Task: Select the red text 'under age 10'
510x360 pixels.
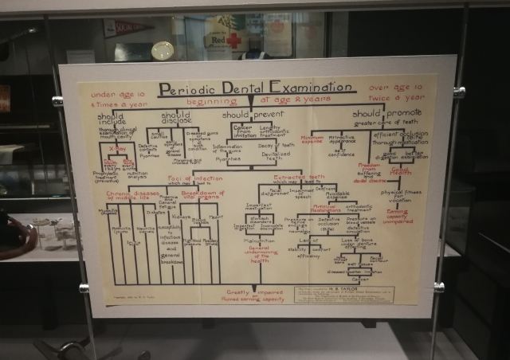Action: click(x=118, y=95)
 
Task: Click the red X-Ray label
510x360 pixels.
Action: click(x=117, y=149)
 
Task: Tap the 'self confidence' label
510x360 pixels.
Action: click(x=341, y=151)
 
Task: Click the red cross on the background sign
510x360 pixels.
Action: click(x=233, y=40)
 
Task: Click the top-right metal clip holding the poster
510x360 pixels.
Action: click(x=459, y=92)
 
